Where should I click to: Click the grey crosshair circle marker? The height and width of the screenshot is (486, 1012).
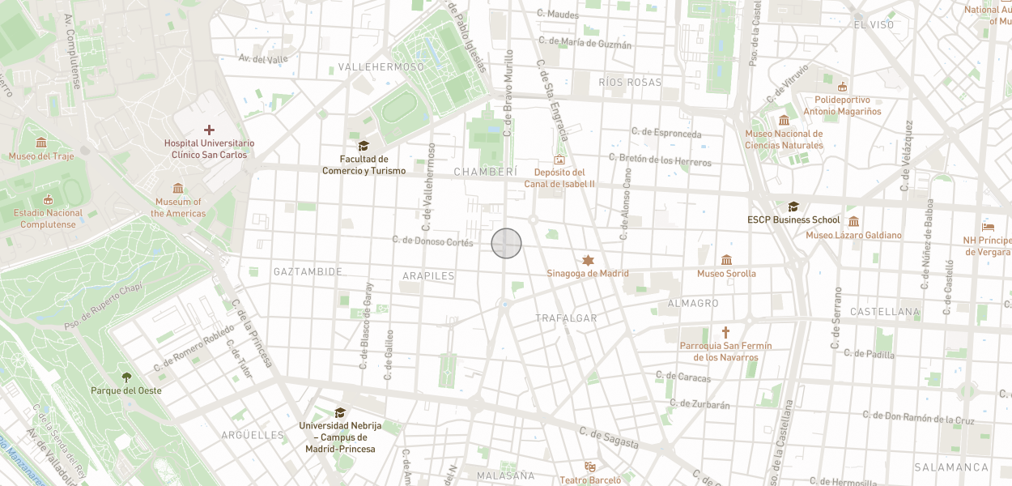[506, 243]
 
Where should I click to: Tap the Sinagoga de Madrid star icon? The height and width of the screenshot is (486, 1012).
[588, 260]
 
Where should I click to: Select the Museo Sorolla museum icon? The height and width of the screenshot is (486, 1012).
[726, 260]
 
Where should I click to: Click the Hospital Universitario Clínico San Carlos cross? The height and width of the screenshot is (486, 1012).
[209, 130]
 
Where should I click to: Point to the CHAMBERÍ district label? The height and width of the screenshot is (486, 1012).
[485, 172]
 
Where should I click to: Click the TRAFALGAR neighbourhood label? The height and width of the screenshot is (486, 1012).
[566, 318]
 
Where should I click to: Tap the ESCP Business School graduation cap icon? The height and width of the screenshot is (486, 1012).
[793, 207]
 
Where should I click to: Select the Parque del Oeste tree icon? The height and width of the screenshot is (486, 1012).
[126, 377]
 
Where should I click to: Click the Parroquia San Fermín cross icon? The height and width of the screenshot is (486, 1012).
[725, 332]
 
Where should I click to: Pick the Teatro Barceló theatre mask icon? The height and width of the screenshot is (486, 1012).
[590, 467]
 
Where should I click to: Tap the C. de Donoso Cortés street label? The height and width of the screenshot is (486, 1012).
[432, 241]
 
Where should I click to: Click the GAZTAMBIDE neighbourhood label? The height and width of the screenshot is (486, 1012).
[308, 271]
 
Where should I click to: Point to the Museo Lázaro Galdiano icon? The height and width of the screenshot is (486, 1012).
[853, 221]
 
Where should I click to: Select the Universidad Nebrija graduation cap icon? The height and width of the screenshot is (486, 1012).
[340, 412]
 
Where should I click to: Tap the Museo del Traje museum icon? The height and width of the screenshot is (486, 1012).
[41, 143]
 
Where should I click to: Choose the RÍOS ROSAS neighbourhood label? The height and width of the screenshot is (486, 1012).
[630, 83]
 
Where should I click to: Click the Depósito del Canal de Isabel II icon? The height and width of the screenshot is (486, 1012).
[559, 160]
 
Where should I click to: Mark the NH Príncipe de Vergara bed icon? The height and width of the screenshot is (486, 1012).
[988, 227]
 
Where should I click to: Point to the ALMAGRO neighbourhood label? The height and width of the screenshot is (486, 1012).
[692, 303]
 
